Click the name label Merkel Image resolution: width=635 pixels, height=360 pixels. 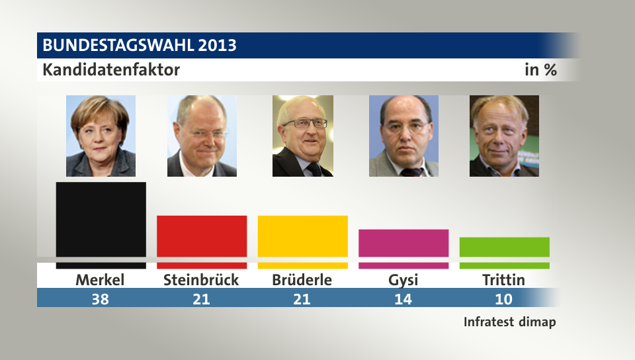coord(100,280)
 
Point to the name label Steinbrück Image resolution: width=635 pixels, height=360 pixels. coord(201,280)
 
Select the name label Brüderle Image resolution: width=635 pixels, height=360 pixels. coord(302,280)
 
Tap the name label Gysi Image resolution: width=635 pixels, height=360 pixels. coord(403,281)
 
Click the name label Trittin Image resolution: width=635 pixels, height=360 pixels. coord(503,280)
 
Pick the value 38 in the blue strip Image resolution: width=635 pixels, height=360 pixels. coord(100,299)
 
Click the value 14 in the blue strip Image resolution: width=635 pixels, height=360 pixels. coord(403,299)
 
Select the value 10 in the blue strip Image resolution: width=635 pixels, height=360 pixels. coord(503,299)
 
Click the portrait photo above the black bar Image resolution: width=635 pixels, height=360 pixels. coord(101,136)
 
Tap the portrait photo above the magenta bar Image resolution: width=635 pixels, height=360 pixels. coord(403,136)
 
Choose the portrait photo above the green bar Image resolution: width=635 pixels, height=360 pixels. coord(504,136)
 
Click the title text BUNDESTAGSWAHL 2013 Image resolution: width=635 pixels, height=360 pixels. coord(139,46)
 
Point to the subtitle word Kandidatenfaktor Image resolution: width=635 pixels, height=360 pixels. coord(111,69)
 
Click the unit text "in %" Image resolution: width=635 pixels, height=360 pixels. coord(540,69)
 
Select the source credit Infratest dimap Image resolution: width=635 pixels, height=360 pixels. coord(509,322)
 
